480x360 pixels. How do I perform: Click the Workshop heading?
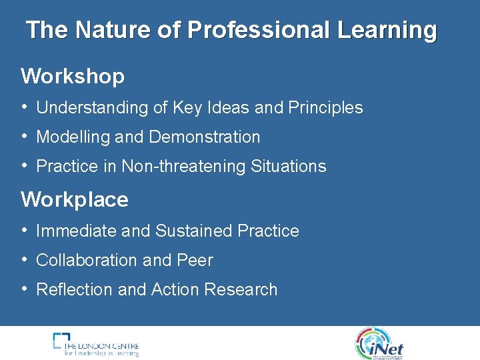pos(73,77)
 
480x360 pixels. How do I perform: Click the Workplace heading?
pos(75,199)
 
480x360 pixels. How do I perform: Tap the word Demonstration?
pos(205,137)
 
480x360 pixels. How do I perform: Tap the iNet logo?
pos(379,343)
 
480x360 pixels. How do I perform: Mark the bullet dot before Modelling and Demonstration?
pos(25,137)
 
